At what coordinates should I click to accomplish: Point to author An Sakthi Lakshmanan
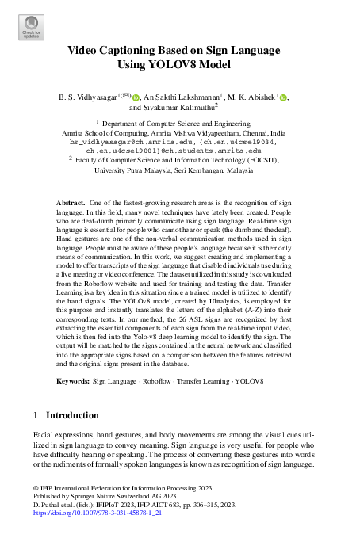tap(182, 97)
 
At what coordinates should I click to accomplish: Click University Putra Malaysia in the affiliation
tap(136, 170)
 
